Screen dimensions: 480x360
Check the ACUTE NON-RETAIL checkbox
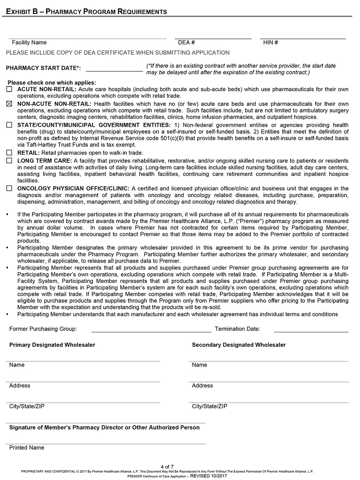point(9,89)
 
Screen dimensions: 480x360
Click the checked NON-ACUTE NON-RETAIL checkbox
point(9,104)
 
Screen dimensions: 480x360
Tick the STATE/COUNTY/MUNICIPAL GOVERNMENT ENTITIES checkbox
point(9,125)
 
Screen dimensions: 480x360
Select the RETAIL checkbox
point(9,153)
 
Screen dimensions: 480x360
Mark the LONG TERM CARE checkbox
point(9,161)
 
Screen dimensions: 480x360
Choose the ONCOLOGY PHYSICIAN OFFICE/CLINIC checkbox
point(9,188)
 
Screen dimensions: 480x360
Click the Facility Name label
point(29,43)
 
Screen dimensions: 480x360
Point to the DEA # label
point(186,43)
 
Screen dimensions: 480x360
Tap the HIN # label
point(270,43)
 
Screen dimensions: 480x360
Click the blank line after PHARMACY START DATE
point(114,70)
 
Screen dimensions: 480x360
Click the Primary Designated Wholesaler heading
point(52,345)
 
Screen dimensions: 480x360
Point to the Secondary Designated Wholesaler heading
point(239,345)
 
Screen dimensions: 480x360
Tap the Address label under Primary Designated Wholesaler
point(20,386)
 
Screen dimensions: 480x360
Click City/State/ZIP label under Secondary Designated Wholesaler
point(210,406)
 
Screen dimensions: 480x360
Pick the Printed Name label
point(27,448)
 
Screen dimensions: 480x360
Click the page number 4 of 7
point(167,467)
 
